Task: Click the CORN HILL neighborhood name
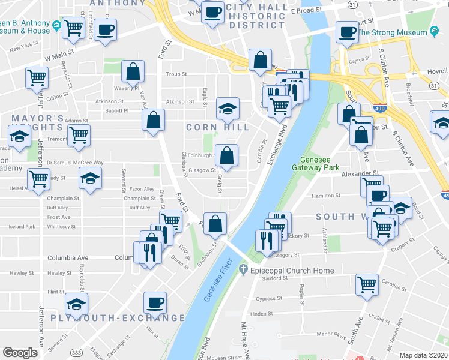tap(217, 127)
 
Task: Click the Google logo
tap(20, 352)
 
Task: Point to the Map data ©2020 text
tap(423, 355)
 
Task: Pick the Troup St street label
tap(176, 74)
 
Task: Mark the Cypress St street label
tap(268, 298)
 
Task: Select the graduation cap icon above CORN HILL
tap(227, 108)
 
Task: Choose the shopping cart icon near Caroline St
tap(367, 285)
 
